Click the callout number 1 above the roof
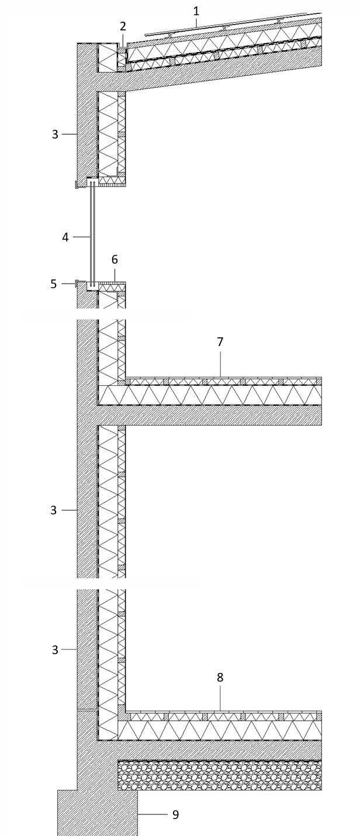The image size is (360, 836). (x=196, y=11)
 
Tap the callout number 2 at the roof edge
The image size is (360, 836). (x=123, y=26)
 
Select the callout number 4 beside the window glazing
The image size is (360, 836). (x=65, y=237)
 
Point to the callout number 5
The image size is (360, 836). (x=54, y=284)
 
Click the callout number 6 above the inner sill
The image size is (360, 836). (x=115, y=260)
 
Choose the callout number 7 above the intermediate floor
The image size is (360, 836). (x=220, y=342)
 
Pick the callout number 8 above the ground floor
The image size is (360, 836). (x=220, y=678)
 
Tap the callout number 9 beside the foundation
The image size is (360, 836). (x=175, y=814)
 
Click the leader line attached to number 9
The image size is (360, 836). (x=152, y=814)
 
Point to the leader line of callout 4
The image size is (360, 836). (x=81, y=237)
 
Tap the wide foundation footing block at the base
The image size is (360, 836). (x=97, y=813)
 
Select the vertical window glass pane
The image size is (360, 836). (x=92, y=234)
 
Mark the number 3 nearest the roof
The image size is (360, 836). (x=56, y=134)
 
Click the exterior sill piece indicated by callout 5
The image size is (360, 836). (x=77, y=284)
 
